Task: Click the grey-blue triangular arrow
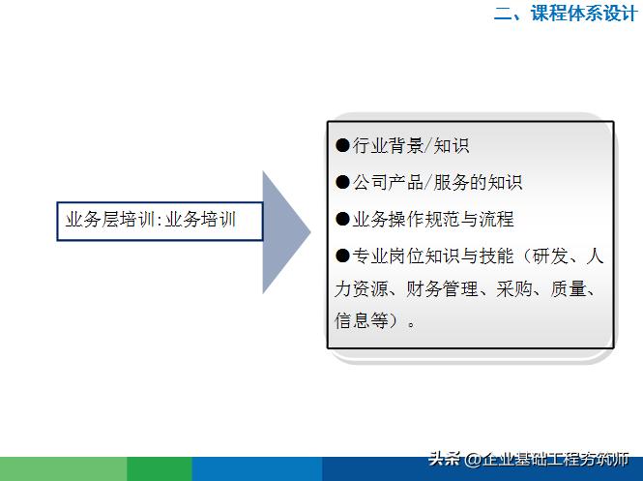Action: tap(284, 232)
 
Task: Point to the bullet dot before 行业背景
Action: tap(342, 146)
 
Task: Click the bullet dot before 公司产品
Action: tap(342, 182)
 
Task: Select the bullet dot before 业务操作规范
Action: tap(342, 219)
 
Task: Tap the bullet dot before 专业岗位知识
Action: tap(342, 256)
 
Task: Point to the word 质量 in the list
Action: tap(567, 288)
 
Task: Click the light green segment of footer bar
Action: tap(63, 468)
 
